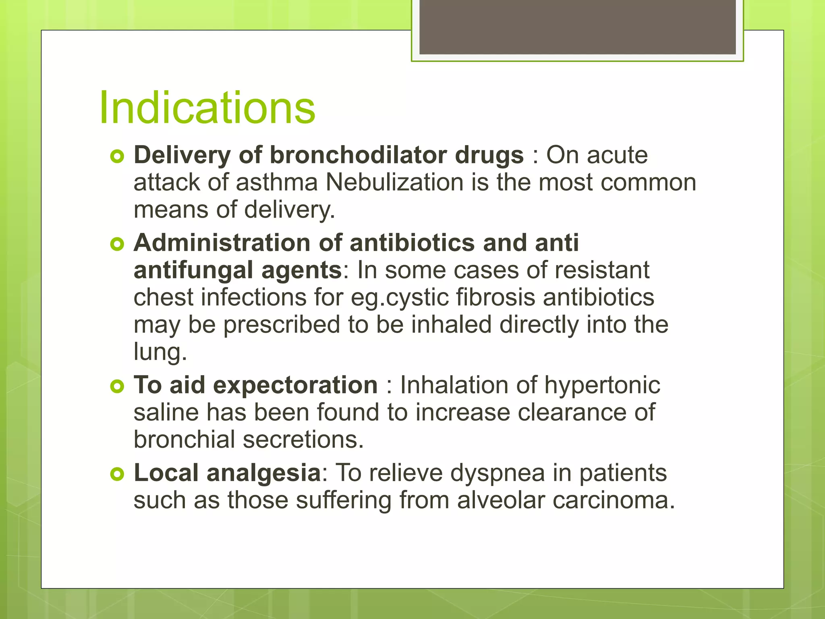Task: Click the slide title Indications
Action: [x=207, y=108]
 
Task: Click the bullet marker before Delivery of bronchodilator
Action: [x=117, y=156]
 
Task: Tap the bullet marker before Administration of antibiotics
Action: [x=117, y=244]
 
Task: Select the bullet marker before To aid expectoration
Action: [x=117, y=386]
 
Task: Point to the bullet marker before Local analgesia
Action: [x=117, y=474]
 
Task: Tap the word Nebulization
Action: [x=394, y=182]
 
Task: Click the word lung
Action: [x=160, y=352]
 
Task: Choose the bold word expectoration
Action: [x=295, y=385]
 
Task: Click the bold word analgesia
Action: [x=263, y=474]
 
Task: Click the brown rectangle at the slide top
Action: [x=577, y=27]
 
